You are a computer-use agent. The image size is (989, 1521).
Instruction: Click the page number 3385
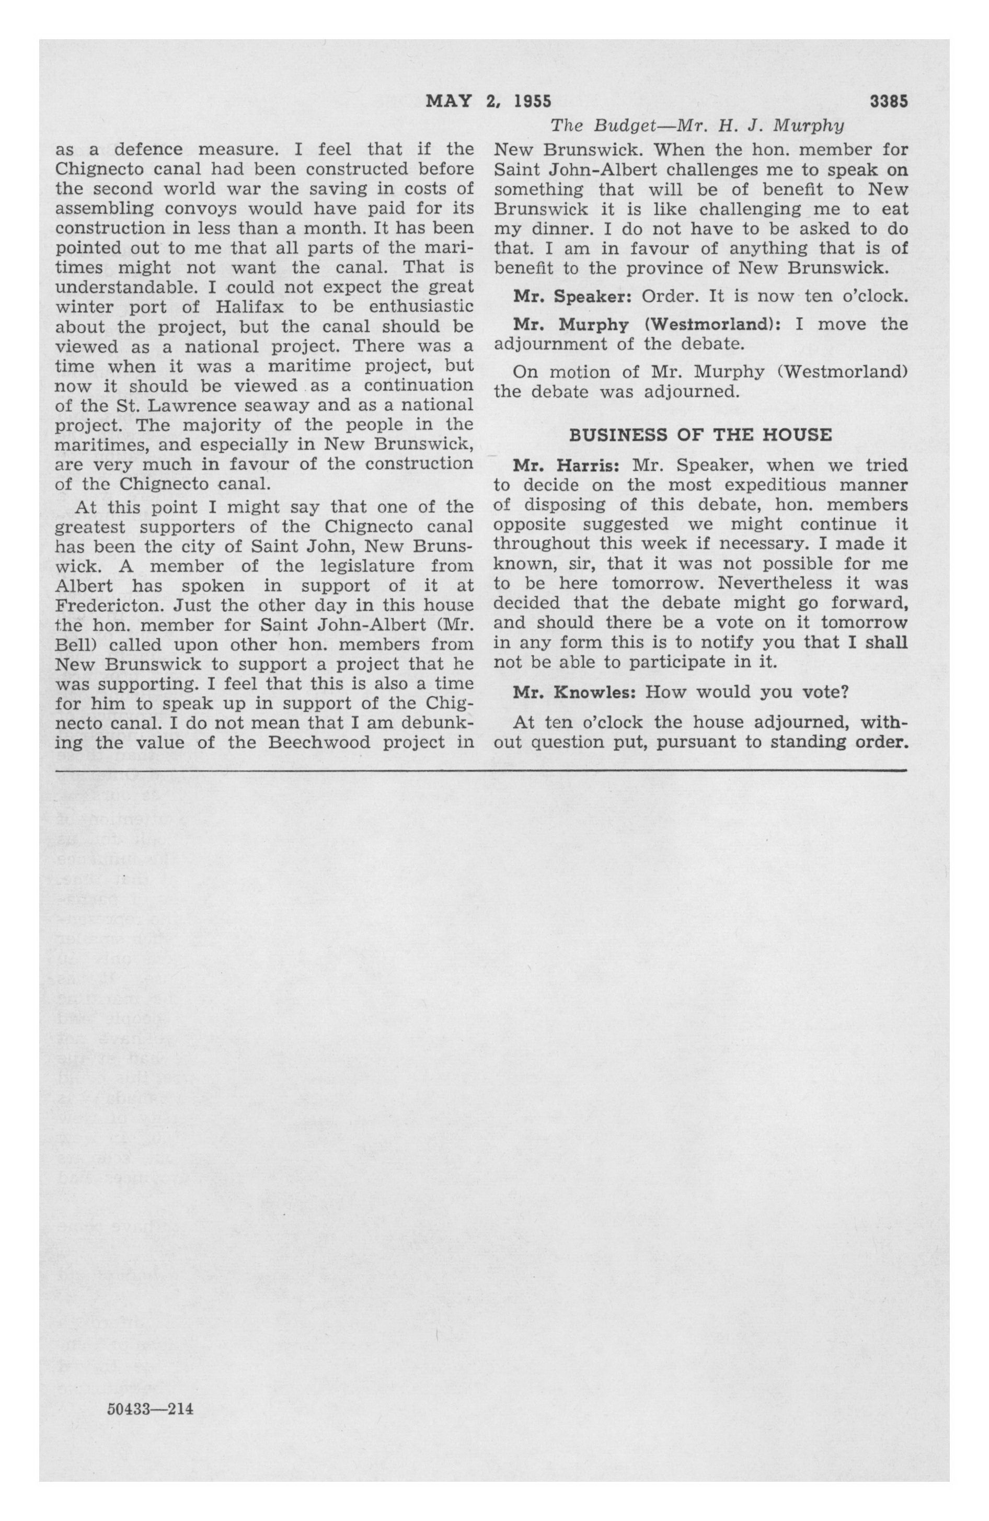pyautogui.click(x=888, y=101)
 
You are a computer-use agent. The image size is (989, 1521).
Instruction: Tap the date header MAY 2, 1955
pyautogui.click(x=488, y=101)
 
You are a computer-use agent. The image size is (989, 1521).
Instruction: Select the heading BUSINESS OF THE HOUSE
pyautogui.click(x=700, y=435)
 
